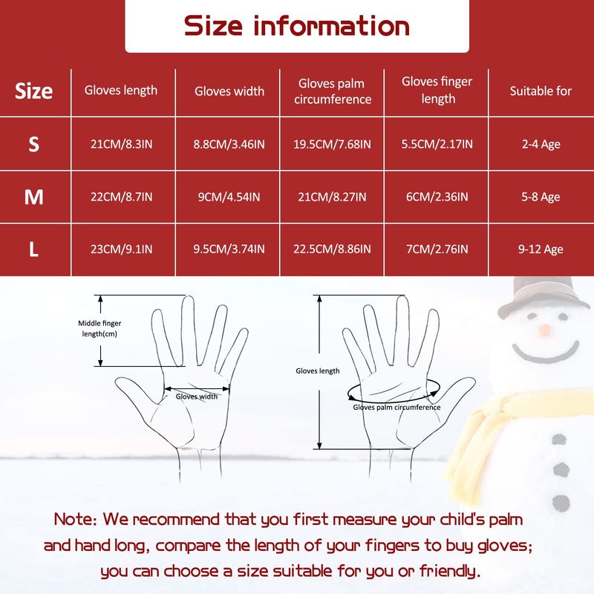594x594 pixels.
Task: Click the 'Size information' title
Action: [296, 26]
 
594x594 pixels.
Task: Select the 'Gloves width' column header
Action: [229, 91]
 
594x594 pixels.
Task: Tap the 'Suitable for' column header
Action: [541, 91]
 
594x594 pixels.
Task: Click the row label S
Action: [33, 144]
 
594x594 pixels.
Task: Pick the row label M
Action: [33, 197]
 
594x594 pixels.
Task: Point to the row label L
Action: [33, 249]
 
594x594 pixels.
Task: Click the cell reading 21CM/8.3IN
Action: [121, 144]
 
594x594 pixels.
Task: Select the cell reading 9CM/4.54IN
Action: [229, 197]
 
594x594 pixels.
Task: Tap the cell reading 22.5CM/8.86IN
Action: [332, 249]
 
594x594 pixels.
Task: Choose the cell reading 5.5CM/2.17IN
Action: [437, 144]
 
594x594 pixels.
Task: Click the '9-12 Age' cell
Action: [541, 249]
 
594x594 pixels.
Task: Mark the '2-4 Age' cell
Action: [541, 144]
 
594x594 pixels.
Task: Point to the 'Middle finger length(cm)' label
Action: [99, 328]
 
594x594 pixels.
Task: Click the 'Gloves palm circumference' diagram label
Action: [396, 407]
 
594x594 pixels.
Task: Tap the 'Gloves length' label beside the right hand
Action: [318, 371]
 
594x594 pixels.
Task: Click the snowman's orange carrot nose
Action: [544, 330]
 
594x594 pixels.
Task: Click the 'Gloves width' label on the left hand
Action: [197, 396]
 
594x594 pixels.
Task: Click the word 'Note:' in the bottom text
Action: [76, 519]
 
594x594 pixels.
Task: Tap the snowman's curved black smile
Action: [546, 354]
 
